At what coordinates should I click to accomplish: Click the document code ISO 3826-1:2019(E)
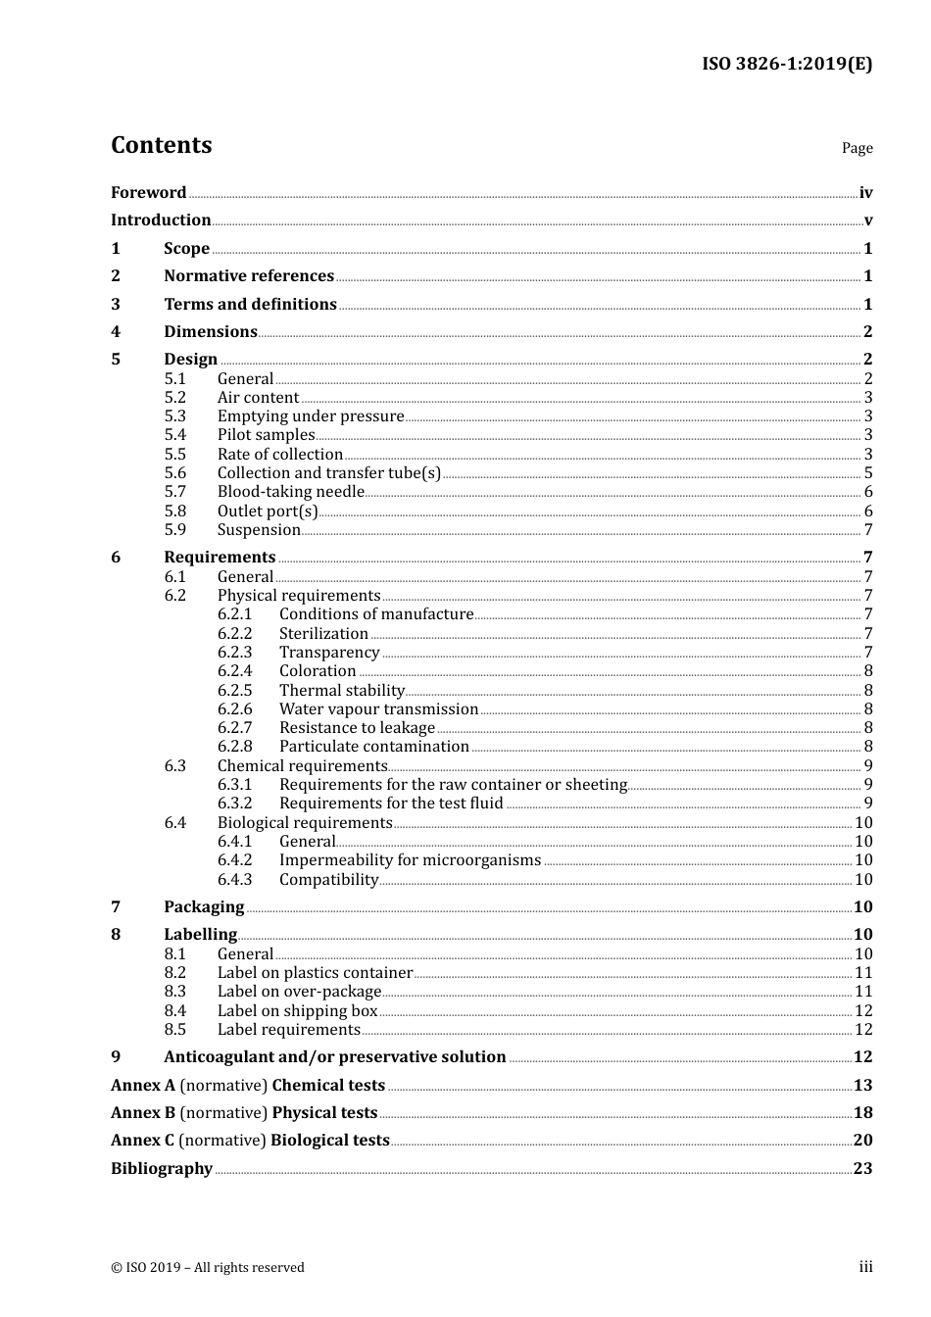click(786, 64)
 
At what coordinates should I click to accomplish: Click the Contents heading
click(161, 145)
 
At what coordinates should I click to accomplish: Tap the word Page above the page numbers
click(857, 148)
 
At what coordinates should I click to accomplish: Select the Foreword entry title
click(148, 193)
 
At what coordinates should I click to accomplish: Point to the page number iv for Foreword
click(865, 193)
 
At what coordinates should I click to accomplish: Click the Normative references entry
click(249, 276)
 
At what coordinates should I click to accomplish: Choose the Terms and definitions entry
click(250, 305)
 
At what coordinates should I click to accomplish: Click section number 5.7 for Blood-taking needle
click(175, 492)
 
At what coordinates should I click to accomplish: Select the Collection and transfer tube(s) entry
click(328, 473)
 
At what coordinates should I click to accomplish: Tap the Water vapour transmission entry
click(378, 709)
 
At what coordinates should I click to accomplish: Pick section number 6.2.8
click(234, 747)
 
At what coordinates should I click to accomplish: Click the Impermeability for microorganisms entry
click(410, 860)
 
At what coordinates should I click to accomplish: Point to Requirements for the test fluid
click(391, 804)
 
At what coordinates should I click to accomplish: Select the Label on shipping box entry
click(297, 1011)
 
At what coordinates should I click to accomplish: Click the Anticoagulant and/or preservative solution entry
click(334, 1057)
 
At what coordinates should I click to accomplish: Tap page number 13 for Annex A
click(862, 1086)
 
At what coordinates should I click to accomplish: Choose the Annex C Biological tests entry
click(250, 1141)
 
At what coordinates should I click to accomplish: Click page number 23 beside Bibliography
click(862, 1169)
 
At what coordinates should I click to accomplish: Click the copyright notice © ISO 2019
click(208, 1268)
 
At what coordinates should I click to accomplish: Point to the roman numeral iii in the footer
click(865, 1267)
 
